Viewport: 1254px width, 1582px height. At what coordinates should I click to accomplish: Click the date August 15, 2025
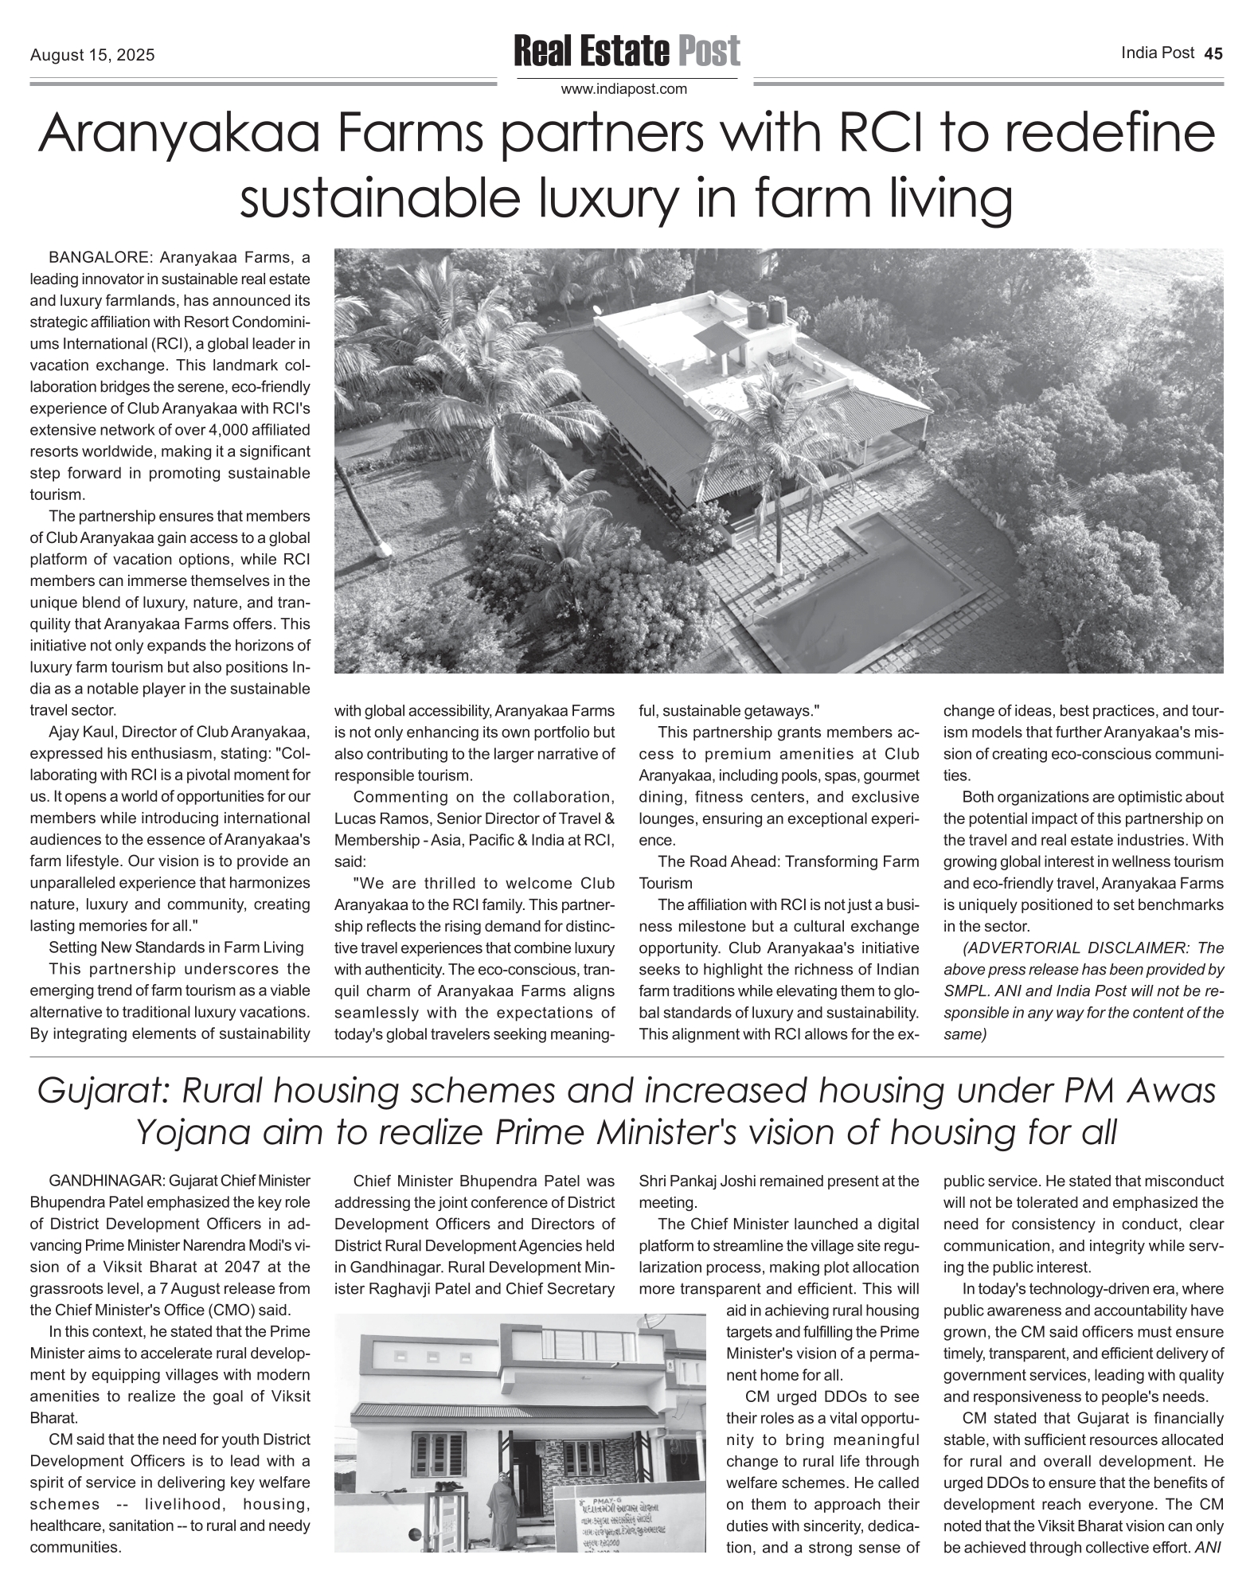92,56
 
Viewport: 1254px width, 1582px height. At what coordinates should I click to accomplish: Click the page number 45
1213,53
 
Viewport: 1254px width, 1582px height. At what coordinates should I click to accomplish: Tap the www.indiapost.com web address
624,89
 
